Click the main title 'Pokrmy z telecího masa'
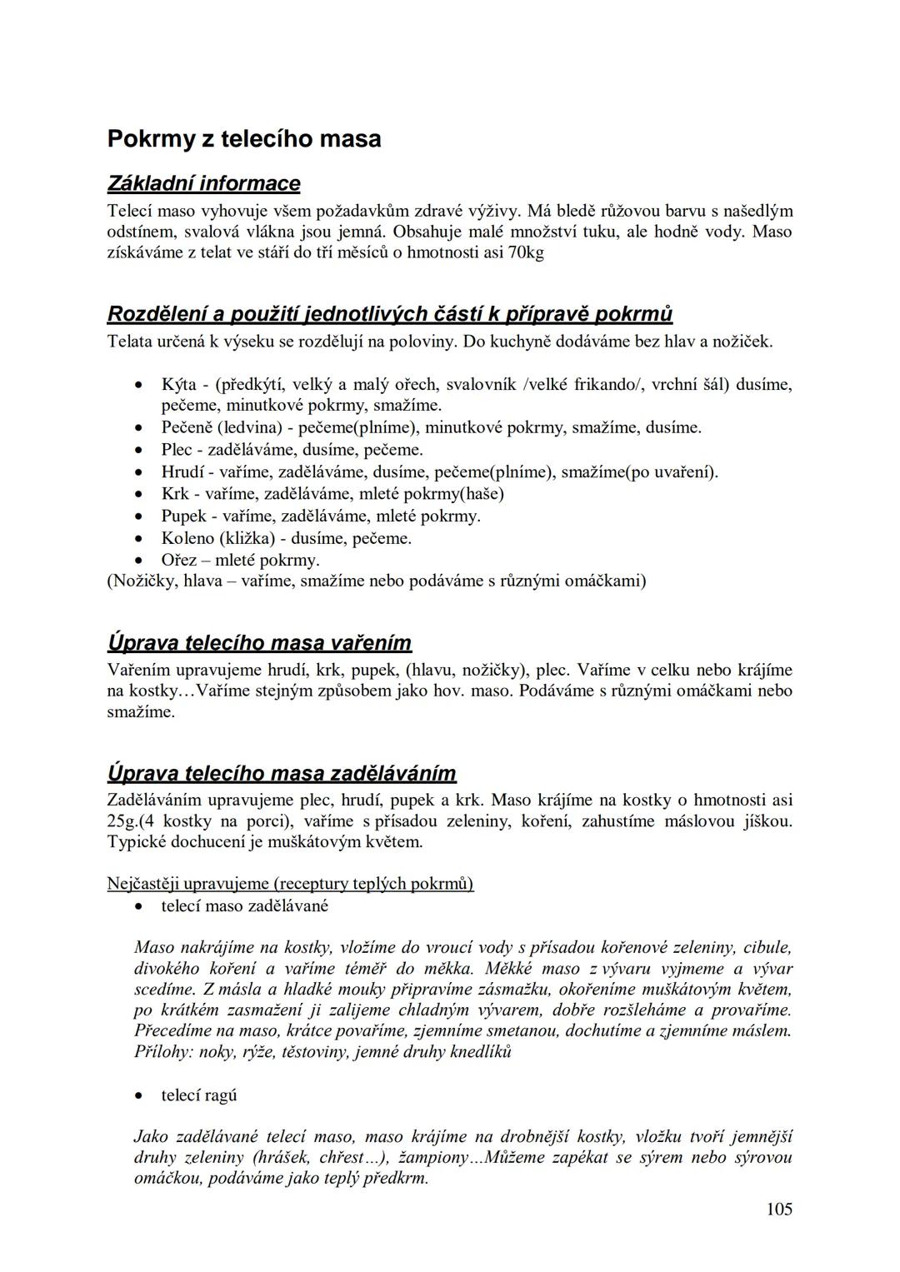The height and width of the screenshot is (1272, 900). (244, 138)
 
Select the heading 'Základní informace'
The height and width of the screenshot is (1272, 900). (203, 183)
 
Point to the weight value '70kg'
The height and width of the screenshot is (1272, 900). (526, 252)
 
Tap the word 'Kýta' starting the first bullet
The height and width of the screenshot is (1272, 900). (178, 384)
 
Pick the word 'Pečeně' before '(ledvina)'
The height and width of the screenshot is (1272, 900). (187, 427)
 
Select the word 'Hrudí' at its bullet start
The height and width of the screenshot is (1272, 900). (182, 472)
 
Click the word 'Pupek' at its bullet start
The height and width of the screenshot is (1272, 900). (183, 516)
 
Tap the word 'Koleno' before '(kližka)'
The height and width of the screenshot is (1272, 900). (187, 538)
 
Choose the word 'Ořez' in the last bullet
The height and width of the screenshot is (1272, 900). (179, 560)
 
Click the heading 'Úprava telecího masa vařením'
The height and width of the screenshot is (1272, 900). (259, 643)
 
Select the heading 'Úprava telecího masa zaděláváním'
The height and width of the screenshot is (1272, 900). (282, 773)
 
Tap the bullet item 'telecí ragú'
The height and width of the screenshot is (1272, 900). (199, 1095)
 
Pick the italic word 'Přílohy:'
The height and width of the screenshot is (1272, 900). (162, 1051)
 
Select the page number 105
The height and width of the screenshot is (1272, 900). (779, 1209)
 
